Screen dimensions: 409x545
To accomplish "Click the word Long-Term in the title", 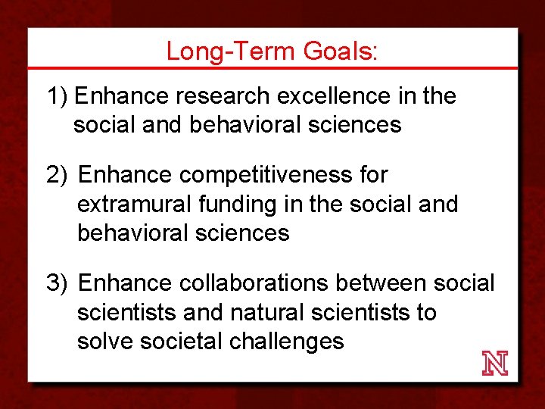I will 231,52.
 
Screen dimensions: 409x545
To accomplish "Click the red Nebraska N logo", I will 495,364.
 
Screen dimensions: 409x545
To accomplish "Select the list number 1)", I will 58,96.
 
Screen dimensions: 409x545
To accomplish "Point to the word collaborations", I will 254,283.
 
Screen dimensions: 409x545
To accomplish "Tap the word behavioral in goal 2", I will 133,233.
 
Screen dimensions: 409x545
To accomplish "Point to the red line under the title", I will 272,68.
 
